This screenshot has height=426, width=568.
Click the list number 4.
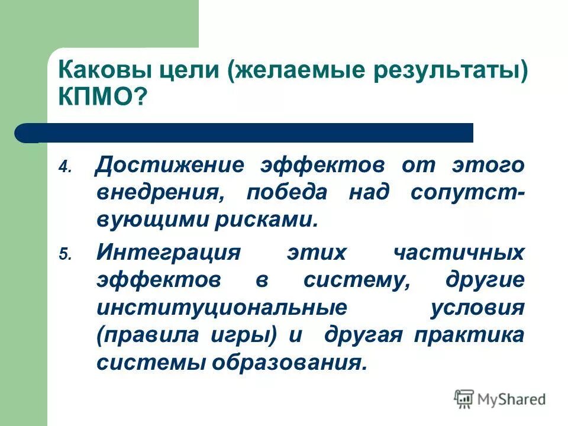point(64,167)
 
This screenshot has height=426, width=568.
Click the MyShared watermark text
point(511,399)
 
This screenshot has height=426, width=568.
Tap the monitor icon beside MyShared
point(464,399)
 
